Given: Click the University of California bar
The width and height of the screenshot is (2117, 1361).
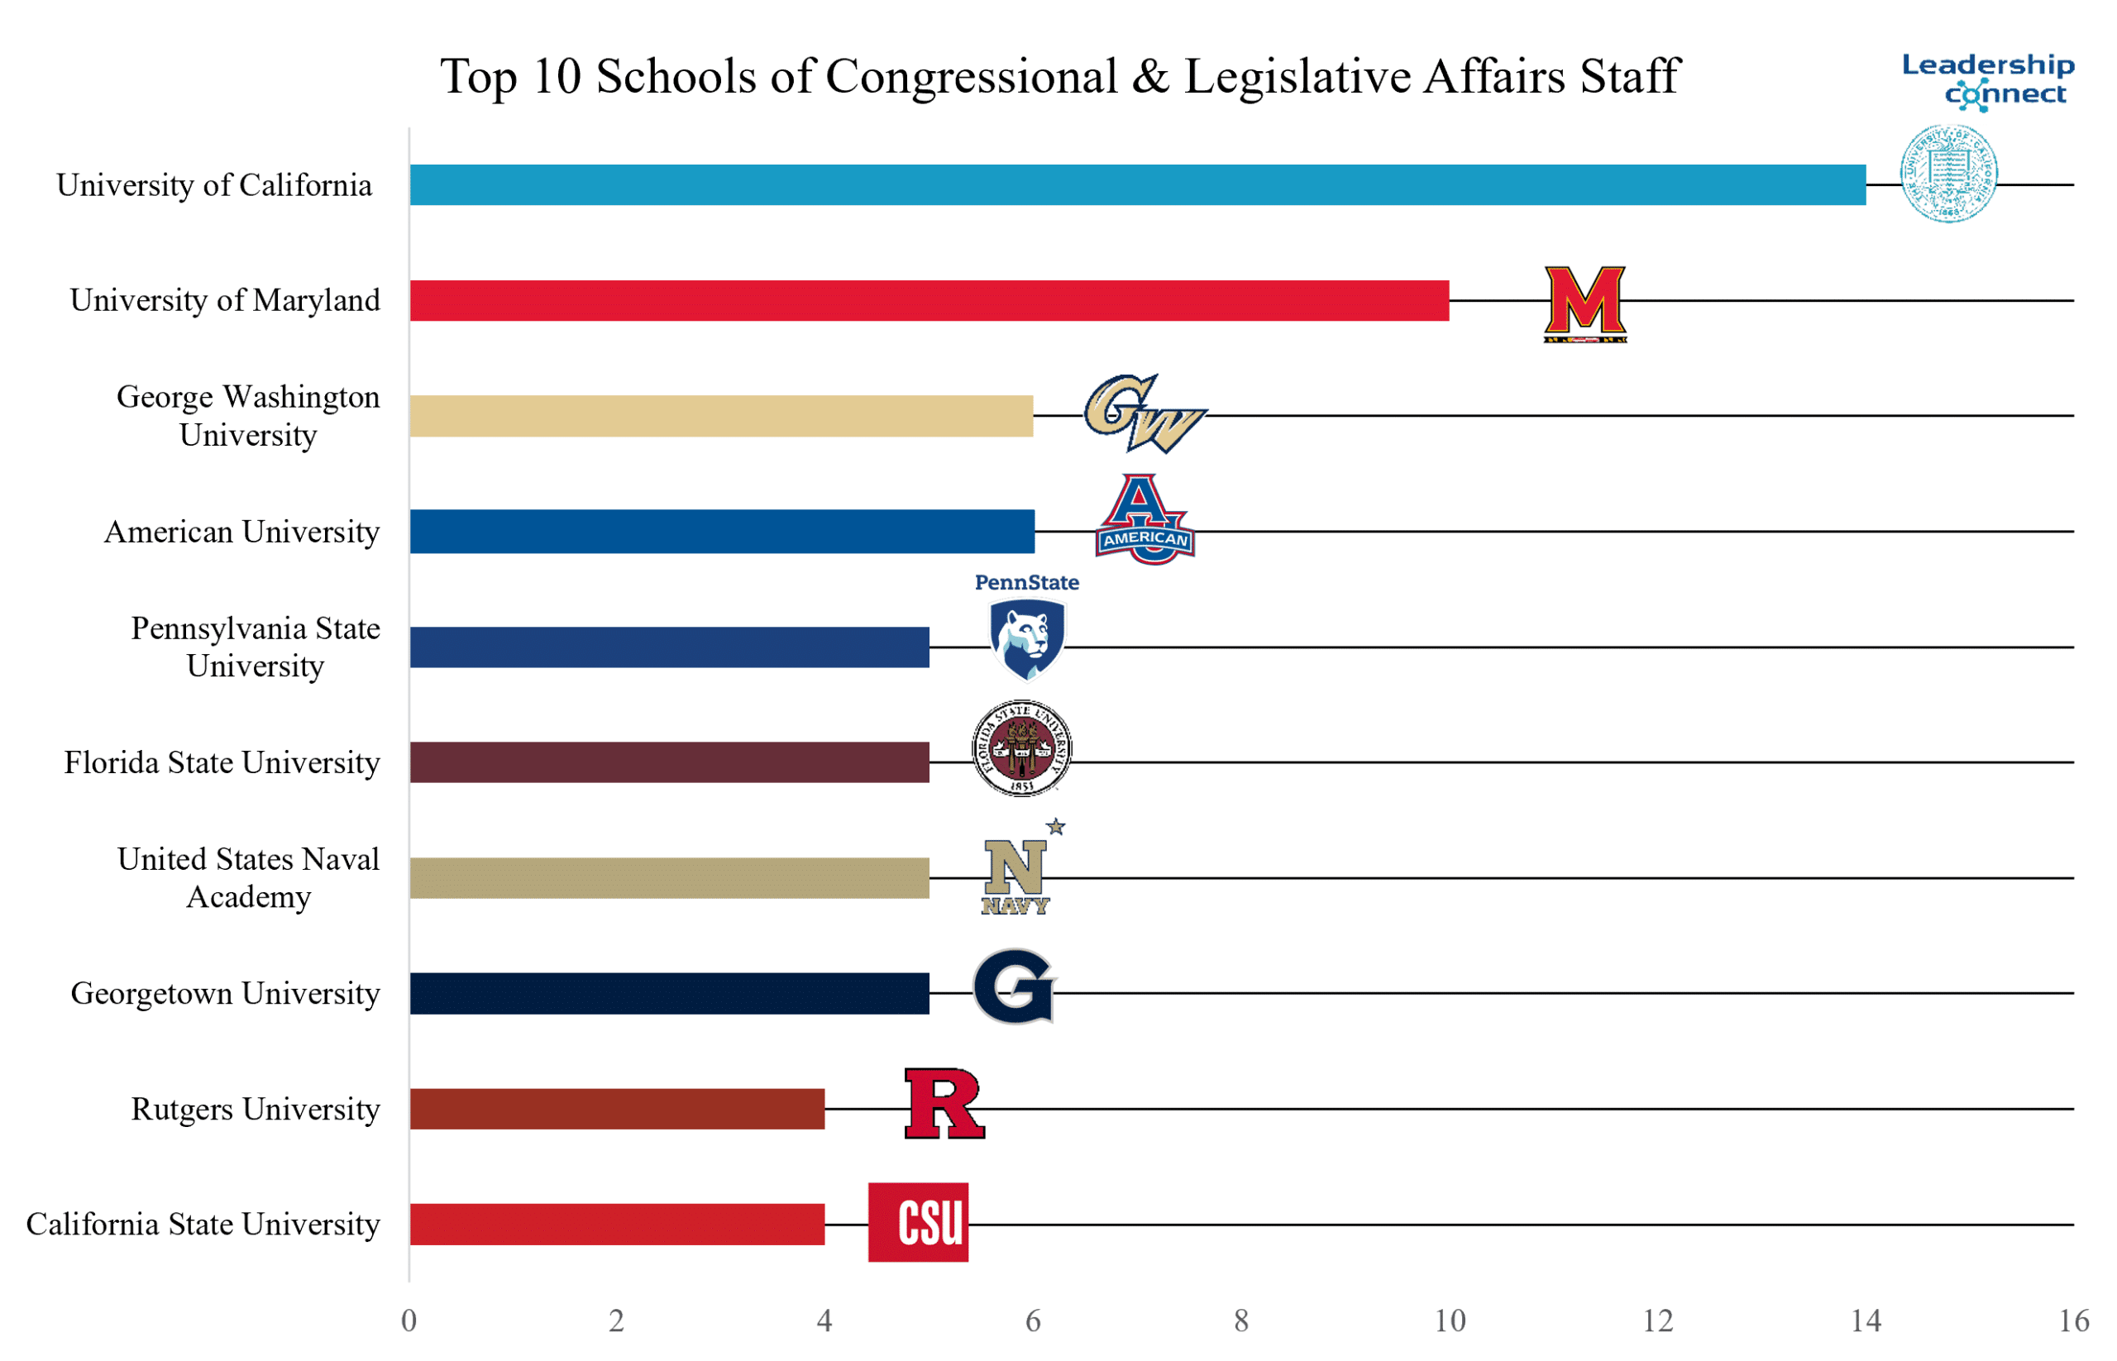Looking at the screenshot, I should pyautogui.click(x=1137, y=184).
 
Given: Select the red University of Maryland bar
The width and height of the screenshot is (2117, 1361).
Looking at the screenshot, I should pyautogui.click(x=928, y=300).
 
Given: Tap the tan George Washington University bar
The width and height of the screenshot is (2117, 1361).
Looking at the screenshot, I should pyautogui.click(x=720, y=415).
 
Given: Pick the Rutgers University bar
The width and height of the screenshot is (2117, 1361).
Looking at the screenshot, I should pyautogui.click(x=617, y=1108).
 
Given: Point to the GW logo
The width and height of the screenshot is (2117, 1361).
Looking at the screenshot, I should pyautogui.click(x=1144, y=413).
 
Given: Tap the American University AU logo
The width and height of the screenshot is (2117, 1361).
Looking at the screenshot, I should pyautogui.click(x=1145, y=519).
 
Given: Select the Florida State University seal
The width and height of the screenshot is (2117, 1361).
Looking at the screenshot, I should pyautogui.click(x=1021, y=747).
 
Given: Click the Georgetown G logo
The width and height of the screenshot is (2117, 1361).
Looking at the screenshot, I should pyautogui.click(x=1014, y=986).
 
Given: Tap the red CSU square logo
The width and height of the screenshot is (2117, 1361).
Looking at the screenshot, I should pyautogui.click(x=918, y=1221).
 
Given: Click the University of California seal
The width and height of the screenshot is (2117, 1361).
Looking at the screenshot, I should pyautogui.click(x=1948, y=173).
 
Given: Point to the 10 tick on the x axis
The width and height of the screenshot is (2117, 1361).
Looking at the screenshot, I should pyautogui.click(x=1450, y=1320).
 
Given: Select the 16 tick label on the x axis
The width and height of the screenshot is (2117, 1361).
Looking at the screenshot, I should pyautogui.click(x=2074, y=1320).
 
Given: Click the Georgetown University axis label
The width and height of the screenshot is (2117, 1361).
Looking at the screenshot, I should pyautogui.click(x=226, y=993).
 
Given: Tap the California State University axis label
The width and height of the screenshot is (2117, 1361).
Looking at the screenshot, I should pyautogui.click(x=203, y=1224).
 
